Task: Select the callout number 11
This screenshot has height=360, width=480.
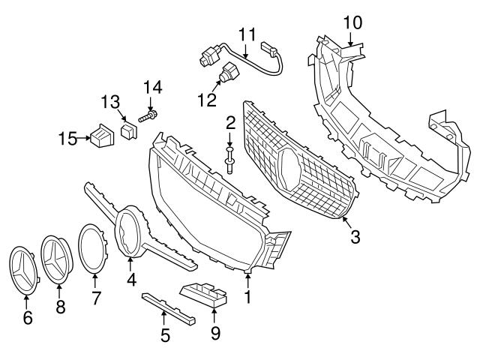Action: pos(247,34)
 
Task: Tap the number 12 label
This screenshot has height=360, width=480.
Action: pos(206,98)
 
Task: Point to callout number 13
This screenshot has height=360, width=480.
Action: pos(111,101)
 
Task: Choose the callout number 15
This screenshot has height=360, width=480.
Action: pos(67,138)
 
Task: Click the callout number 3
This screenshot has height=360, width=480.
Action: pos(355,238)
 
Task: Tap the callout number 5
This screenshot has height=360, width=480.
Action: pos(165,335)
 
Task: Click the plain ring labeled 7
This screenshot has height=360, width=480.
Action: pos(95,247)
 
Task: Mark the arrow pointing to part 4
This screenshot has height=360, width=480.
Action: pos(130,265)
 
